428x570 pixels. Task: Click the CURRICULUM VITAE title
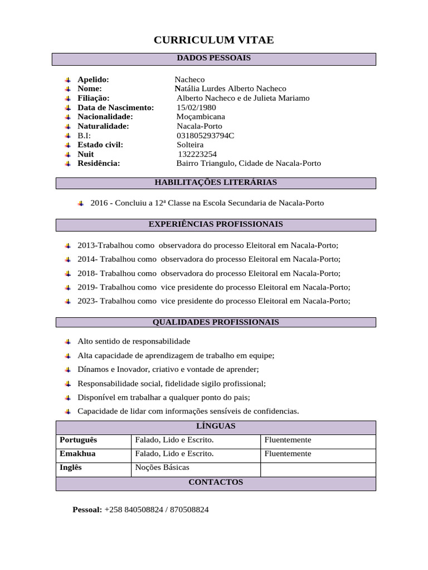[x=213, y=40]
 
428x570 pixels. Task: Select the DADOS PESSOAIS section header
[x=213, y=58]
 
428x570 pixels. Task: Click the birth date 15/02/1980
[x=196, y=107]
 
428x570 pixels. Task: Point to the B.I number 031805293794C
[x=205, y=135]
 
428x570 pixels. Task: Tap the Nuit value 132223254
[x=197, y=154]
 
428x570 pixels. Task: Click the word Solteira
[x=190, y=145]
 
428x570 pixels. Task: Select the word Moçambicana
[x=201, y=117]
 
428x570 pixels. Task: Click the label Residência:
[x=99, y=164]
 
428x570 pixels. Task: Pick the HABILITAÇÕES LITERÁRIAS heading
[x=215, y=183]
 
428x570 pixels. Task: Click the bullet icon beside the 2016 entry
[x=81, y=203]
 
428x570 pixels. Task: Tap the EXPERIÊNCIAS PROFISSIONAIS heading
[x=216, y=224]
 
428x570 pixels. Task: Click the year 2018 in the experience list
[x=86, y=273]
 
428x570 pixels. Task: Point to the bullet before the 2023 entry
[x=67, y=301]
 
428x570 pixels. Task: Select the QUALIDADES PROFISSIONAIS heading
[x=216, y=322]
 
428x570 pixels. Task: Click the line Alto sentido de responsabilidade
[x=134, y=341]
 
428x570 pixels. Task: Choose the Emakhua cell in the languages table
[x=77, y=454]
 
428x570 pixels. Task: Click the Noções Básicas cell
[x=162, y=468]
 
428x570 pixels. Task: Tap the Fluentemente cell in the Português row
[x=288, y=440]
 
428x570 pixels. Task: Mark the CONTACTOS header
[x=216, y=482]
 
